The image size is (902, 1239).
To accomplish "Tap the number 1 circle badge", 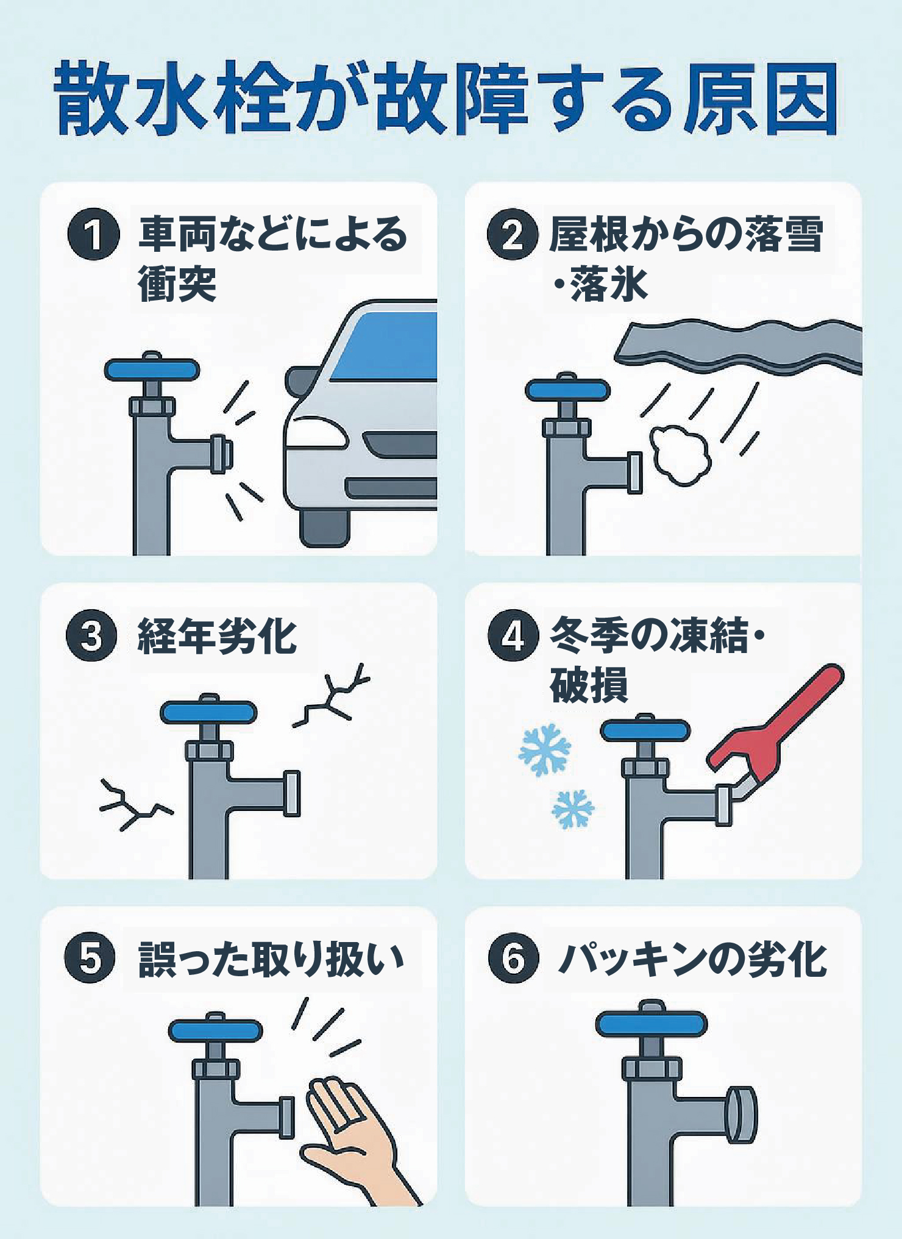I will coord(93,235).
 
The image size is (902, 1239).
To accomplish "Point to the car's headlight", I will coord(316,432).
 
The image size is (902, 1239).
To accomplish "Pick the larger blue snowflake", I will coord(544,749).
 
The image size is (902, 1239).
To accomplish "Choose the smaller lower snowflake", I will coord(572,809).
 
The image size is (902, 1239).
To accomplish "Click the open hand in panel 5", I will coord(350,1134).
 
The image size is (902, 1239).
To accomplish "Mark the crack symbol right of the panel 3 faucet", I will coord(334,695).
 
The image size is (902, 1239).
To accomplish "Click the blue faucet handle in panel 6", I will coord(652,1024).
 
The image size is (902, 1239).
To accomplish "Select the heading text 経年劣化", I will coord(217,635).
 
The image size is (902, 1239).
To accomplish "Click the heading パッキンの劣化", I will coord(692,959).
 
